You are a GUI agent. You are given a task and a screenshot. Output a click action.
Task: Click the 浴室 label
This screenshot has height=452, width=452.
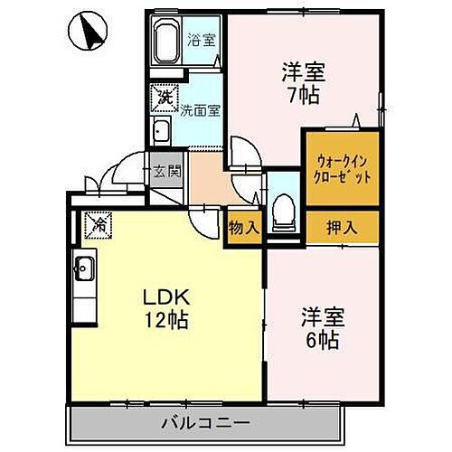coord(200,41)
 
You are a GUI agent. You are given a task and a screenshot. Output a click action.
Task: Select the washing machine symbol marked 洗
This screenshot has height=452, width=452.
coord(165,94)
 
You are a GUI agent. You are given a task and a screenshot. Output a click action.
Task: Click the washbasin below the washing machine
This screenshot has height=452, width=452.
coord(162,131)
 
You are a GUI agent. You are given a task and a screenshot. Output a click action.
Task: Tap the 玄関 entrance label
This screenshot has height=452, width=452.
coord(165,170)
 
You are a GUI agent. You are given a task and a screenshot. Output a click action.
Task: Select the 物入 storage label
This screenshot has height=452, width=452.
coord(243,228)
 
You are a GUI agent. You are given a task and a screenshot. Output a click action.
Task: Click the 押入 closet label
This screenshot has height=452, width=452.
coord(340,228)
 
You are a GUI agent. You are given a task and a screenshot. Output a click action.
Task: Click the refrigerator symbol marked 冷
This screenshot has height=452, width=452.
coord(99,222)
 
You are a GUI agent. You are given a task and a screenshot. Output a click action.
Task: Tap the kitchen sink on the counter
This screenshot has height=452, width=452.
coord(84,268)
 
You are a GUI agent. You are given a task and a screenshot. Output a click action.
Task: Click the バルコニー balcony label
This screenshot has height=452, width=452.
coord(205,422)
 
